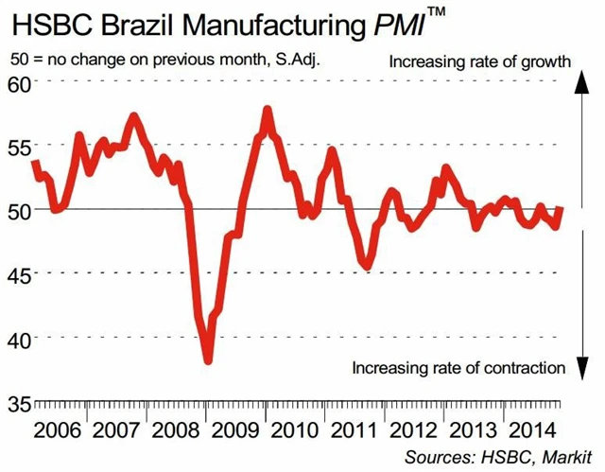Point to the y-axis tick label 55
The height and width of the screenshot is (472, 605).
click(x=18, y=147)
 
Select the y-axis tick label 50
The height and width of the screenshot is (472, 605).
click(x=18, y=210)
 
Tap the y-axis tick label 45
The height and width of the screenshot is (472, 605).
click(x=18, y=274)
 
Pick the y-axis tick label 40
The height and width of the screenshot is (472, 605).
click(x=18, y=338)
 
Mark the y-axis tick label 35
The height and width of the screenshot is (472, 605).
click(x=18, y=402)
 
